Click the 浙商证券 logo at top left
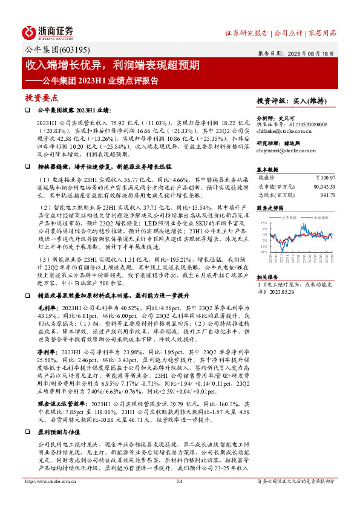coord(48,32)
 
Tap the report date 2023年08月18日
coord(315,53)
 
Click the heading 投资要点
coord(41,97)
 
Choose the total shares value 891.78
coord(327,195)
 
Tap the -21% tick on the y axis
coord(264,251)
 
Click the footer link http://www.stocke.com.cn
coord(48,499)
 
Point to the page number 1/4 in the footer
coord(179,499)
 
